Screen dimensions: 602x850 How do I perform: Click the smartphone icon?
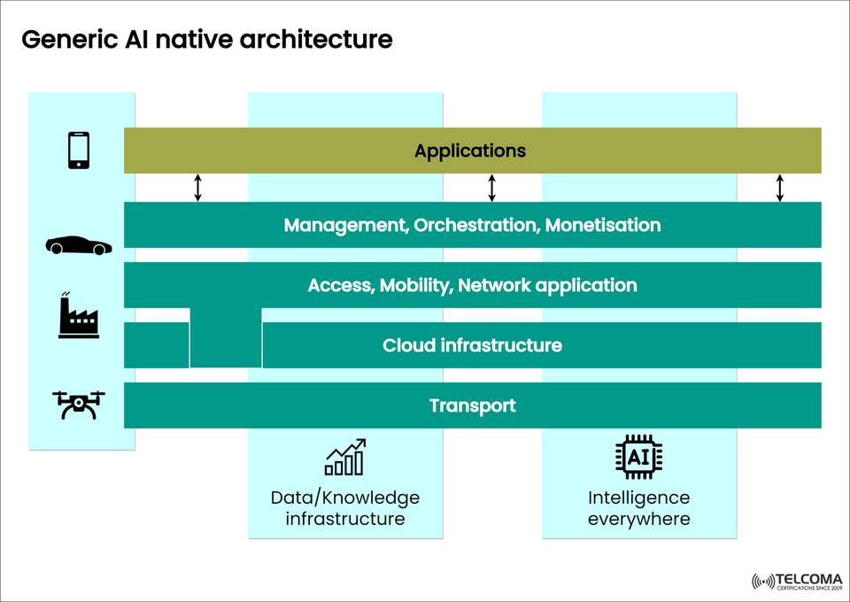pyautogui.click(x=79, y=150)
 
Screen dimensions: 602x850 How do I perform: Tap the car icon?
pyautogui.click(x=79, y=246)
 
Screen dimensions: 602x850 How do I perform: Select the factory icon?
pyautogui.click(x=79, y=315)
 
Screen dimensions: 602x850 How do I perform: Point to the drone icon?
pyautogui.click(x=80, y=405)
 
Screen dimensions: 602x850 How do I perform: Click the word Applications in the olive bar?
pyautogui.click(x=470, y=150)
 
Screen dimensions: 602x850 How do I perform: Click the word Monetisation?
pyautogui.click(x=603, y=225)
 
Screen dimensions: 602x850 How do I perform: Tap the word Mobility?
pyautogui.click(x=415, y=285)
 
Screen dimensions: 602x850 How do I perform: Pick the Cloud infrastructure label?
pyautogui.click(x=472, y=345)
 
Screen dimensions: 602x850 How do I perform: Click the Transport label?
pyautogui.click(x=472, y=405)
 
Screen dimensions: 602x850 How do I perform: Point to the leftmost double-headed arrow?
pyautogui.click(x=198, y=188)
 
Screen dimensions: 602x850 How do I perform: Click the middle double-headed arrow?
pyautogui.click(x=492, y=188)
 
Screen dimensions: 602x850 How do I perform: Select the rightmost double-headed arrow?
pyautogui.click(x=780, y=188)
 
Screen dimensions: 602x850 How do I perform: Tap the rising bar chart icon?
pyautogui.click(x=345, y=457)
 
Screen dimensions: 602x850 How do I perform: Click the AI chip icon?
pyautogui.click(x=638, y=457)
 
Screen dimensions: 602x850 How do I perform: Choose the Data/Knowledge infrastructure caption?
pyautogui.click(x=345, y=508)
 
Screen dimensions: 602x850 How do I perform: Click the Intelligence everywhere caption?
pyautogui.click(x=638, y=508)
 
